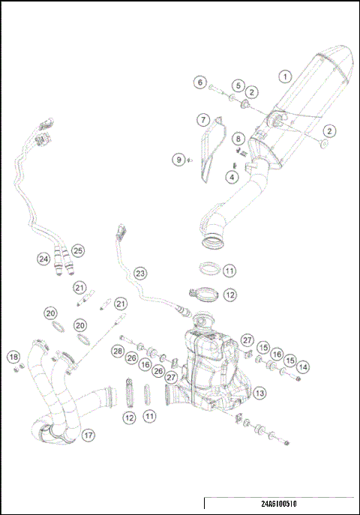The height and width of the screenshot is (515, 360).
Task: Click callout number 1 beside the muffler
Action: pos(284,76)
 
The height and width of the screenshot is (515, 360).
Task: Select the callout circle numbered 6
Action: pos(200,82)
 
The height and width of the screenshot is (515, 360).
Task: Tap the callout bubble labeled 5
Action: pos(237,85)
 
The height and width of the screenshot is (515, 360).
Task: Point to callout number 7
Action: pos(202,120)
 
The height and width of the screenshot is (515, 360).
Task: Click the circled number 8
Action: pos(238,139)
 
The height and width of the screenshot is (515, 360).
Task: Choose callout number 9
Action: pos(178,159)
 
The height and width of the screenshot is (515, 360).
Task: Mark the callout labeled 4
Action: pos(232,177)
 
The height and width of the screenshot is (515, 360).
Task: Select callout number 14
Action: pos(302,367)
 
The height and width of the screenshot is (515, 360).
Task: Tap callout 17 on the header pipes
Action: pos(88,435)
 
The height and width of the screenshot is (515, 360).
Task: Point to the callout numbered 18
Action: pos(13,356)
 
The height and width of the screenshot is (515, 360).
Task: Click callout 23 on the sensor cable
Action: pos(140,274)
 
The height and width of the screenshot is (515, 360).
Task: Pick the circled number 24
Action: pos(43,259)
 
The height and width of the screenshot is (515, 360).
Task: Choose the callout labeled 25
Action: pos(78,250)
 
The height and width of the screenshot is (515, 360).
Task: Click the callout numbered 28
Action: pos(118,351)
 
